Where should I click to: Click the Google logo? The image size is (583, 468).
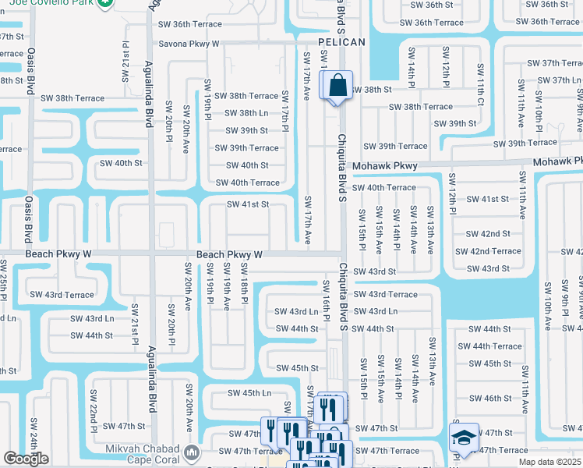[26, 459]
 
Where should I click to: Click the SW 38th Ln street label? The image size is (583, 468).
[246, 113]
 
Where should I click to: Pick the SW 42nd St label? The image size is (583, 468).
[487, 234]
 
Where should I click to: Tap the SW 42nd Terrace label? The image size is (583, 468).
[487, 251]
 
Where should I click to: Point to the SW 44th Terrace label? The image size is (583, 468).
[489, 346]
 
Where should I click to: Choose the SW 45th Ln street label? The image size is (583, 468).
[245, 393]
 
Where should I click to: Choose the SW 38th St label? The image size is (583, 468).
[372, 90]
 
